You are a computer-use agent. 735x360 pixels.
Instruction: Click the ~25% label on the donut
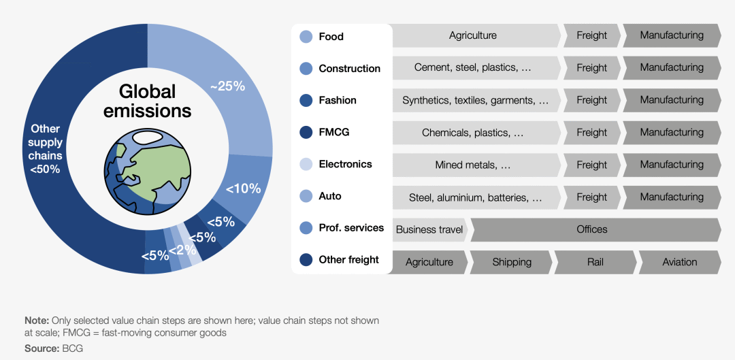click(227, 86)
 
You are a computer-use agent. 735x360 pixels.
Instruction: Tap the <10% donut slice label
click(244, 189)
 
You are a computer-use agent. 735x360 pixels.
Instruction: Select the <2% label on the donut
click(182, 250)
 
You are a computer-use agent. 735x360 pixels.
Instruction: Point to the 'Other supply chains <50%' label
click(45, 148)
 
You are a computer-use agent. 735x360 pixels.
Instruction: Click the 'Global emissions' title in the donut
click(147, 101)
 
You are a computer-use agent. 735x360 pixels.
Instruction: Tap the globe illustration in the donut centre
click(147, 168)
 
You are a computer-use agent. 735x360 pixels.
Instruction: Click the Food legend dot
click(306, 37)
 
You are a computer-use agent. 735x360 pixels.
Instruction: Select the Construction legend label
click(349, 69)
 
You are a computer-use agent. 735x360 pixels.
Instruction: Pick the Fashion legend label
click(338, 101)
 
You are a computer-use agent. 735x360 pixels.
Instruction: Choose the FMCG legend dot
click(306, 132)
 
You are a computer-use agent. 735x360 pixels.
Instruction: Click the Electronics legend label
click(345, 164)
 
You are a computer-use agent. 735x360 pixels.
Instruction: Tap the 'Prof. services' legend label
click(351, 228)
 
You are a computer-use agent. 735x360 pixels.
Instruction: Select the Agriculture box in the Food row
click(473, 35)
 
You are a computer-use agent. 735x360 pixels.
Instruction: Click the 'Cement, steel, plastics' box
click(473, 68)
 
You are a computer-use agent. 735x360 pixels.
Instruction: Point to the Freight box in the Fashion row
click(591, 100)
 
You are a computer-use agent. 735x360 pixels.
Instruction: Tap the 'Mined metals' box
click(473, 165)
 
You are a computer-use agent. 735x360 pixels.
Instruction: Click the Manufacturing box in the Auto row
click(672, 197)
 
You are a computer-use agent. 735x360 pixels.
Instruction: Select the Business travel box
click(429, 229)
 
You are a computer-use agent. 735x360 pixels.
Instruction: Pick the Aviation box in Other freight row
click(679, 262)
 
